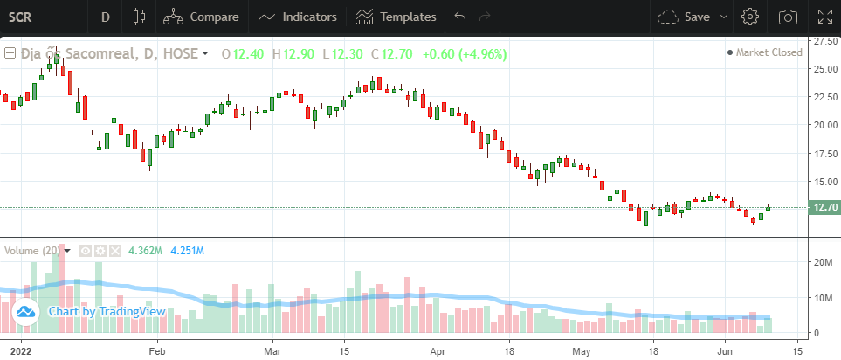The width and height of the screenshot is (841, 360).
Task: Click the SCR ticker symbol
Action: (x=21, y=17)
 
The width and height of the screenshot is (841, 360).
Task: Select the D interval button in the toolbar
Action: (x=106, y=17)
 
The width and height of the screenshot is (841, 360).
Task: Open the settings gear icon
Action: (x=749, y=17)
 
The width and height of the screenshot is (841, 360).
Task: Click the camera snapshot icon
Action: (x=788, y=17)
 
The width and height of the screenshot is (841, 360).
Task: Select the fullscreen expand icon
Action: (x=824, y=17)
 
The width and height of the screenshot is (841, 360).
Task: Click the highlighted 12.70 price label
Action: (x=825, y=208)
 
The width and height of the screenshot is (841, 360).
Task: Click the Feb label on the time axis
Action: (x=157, y=350)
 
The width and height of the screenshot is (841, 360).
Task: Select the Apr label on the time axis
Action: (x=438, y=350)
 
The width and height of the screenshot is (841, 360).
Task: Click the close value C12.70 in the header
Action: (x=391, y=54)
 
